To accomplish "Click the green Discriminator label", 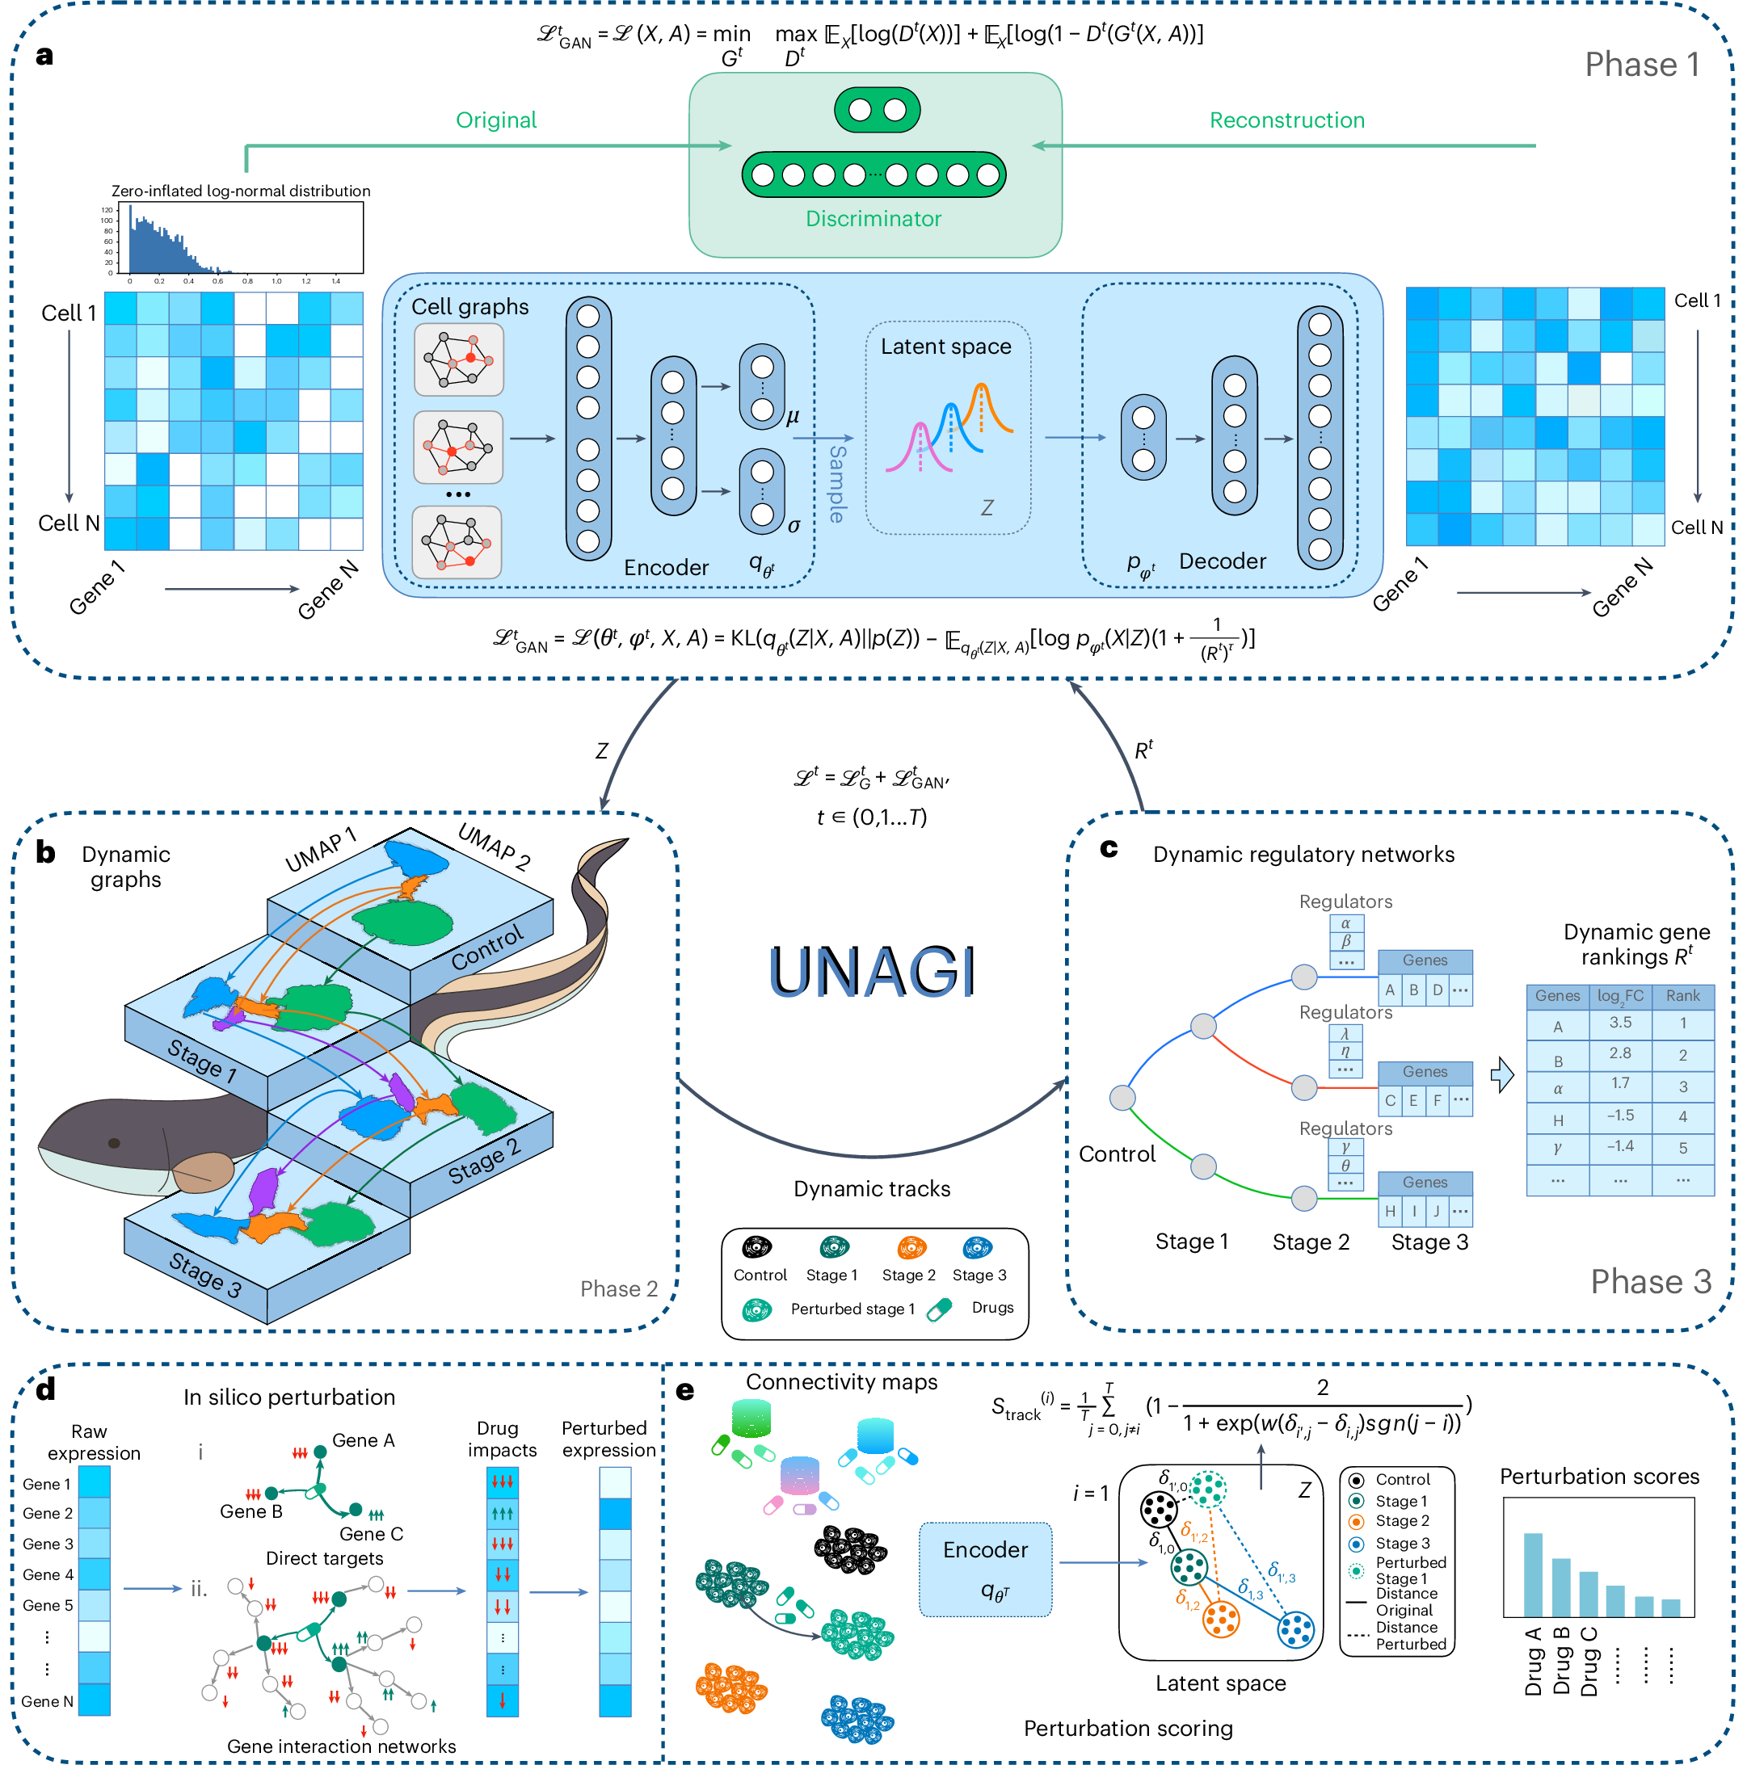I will [x=873, y=219].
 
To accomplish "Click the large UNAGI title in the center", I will [x=873, y=970].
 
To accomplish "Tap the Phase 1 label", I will [x=1641, y=65].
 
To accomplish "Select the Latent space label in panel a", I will [x=945, y=347].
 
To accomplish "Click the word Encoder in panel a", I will [x=666, y=568].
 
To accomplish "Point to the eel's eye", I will [x=114, y=1143].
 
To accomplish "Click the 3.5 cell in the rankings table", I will [x=1619, y=1023].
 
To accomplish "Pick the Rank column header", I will [x=1682, y=996].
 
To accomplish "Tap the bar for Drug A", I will [x=1532, y=1575].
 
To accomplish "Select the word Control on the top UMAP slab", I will [x=487, y=948].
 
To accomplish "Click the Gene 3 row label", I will [x=48, y=1544].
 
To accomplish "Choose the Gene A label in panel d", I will [x=363, y=1441].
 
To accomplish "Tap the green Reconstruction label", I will [x=1286, y=120].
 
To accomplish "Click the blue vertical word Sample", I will [x=837, y=483].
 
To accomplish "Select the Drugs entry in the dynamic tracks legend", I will [x=992, y=1307].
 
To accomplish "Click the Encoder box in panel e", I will [x=985, y=1570].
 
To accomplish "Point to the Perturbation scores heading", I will [x=1599, y=1477].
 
